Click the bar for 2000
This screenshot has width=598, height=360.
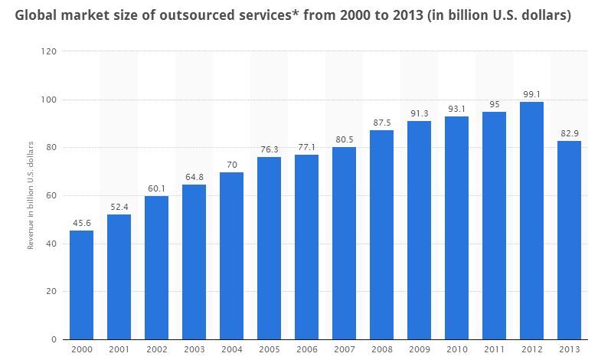point(81,285)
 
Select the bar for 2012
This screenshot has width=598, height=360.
point(531,221)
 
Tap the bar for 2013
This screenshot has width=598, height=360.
point(569,240)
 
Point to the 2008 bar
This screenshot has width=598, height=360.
point(381,234)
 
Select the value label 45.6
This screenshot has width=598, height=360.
point(81,223)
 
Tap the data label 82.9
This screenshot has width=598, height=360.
point(569,133)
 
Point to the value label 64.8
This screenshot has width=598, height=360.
point(194,177)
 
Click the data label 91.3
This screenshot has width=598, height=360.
point(419,113)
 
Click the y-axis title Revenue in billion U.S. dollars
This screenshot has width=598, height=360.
point(31,195)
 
